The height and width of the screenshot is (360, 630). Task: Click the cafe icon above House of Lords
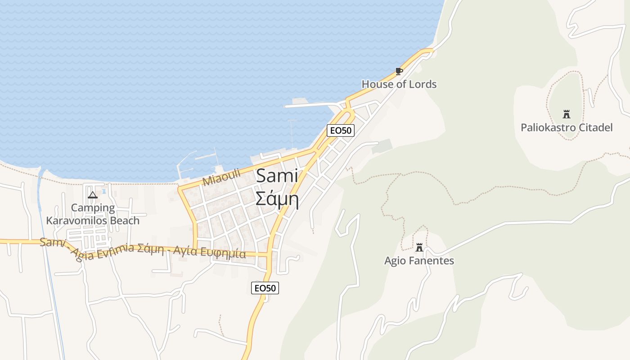click(399, 71)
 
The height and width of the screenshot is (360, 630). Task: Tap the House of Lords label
click(399, 84)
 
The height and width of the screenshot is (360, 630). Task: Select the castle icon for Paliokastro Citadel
click(567, 114)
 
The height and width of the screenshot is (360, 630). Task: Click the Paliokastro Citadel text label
click(567, 127)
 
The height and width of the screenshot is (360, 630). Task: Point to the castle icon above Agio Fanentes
click(419, 247)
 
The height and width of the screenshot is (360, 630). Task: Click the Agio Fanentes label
click(419, 261)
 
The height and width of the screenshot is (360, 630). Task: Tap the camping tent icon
click(93, 195)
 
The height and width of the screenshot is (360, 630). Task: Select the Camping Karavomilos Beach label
click(93, 214)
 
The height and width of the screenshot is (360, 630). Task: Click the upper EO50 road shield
click(341, 130)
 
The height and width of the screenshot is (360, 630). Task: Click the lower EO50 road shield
click(265, 288)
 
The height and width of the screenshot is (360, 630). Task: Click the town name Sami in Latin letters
click(277, 176)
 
